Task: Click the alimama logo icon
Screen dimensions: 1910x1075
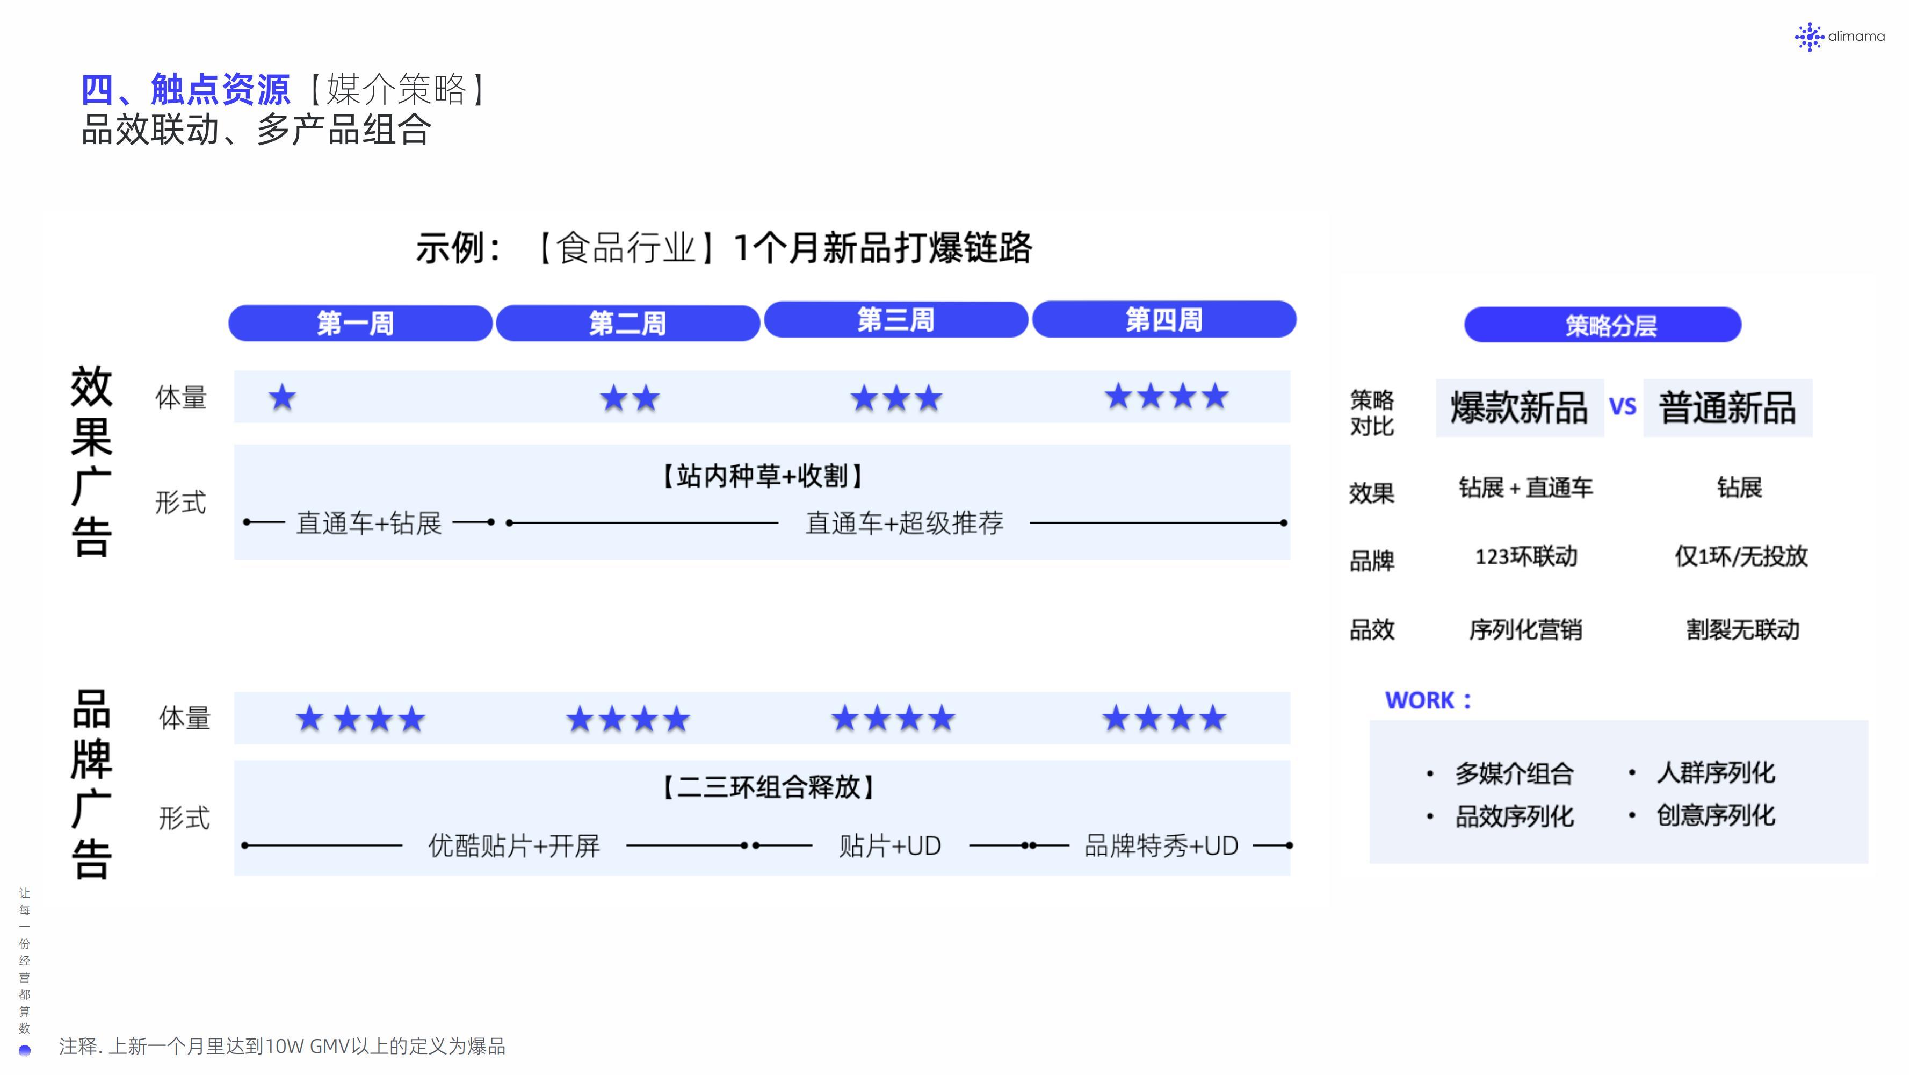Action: click(x=1809, y=37)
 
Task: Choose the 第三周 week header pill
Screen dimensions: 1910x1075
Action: click(x=896, y=320)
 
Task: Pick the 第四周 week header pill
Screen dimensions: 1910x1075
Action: click(x=1164, y=319)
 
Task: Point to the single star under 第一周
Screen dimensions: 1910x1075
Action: click(x=282, y=398)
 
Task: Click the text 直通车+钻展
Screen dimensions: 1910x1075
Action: click(x=368, y=523)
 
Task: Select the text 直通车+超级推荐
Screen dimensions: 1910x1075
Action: click(x=905, y=523)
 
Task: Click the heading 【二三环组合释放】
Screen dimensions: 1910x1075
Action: click(x=768, y=786)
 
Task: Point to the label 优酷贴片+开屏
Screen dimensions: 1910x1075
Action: click(x=514, y=845)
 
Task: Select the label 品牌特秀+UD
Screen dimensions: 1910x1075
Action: click(x=1161, y=845)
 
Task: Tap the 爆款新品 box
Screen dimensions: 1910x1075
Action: click(x=1520, y=408)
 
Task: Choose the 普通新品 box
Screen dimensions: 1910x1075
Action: click(x=1727, y=408)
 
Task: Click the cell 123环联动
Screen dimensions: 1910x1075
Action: click(x=1526, y=556)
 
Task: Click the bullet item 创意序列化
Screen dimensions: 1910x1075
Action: click(x=1716, y=815)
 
